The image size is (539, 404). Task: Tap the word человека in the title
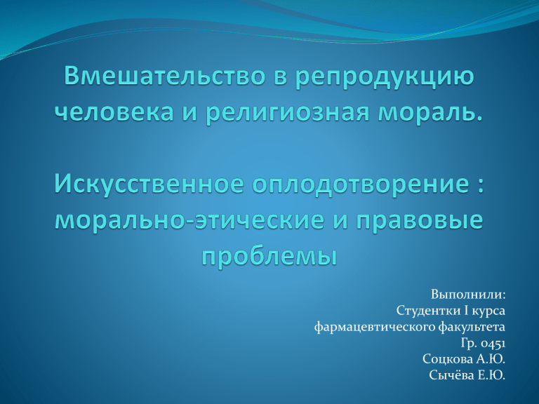tap(114, 112)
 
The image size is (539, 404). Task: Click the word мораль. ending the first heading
tap(430, 112)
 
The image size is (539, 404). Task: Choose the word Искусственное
tap(149, 185)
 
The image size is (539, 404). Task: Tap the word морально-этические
tap(189, 220)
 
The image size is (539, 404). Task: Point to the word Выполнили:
tap(468, 295)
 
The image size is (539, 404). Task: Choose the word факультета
tap(472, 327)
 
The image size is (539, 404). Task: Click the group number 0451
tap(493, 343)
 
